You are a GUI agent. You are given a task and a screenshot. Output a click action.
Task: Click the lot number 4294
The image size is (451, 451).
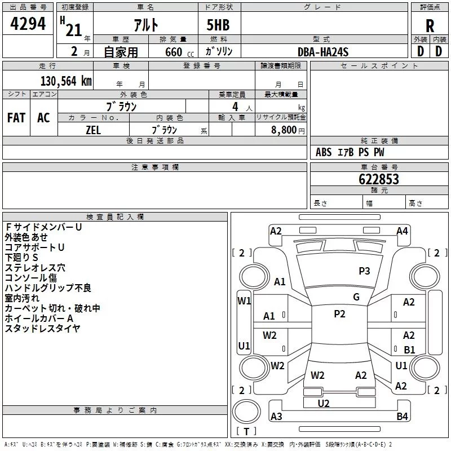[x=28, y=24]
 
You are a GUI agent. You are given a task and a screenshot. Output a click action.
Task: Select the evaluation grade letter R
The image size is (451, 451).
[x=430, y=26]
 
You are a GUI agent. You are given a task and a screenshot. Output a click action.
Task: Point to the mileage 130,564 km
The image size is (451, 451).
[x=66, y=81]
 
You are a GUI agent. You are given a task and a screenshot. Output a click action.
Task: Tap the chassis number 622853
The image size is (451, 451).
[x=379, y=179]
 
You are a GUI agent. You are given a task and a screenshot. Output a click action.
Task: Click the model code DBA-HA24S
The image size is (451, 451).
[x=323, y=52]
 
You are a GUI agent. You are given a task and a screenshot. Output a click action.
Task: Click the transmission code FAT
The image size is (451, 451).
[x=16, y=118]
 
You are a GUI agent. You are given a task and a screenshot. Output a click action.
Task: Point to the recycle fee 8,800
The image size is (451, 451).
[x=283, y=130]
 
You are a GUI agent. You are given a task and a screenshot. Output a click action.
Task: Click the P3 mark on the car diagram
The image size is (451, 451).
[x=364, y=271]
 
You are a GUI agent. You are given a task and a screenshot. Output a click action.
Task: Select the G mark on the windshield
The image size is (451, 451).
[x=356, y=297]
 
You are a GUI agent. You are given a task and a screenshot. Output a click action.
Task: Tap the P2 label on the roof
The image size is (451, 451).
[x=339, y=314]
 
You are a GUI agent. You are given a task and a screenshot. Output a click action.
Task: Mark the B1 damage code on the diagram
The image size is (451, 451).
[x=409, y=350]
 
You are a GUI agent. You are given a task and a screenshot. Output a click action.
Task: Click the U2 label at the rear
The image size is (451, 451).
[x=324, y=403]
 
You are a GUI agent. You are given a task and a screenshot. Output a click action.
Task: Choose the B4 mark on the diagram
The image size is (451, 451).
[x=402, y=417]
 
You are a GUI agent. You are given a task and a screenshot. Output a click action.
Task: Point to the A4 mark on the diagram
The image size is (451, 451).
[x=402, y=231]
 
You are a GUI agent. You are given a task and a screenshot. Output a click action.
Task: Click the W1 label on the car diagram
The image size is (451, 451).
[x=244, y=301]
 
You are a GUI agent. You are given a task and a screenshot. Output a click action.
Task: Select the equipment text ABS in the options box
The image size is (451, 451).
[x=324, y=152]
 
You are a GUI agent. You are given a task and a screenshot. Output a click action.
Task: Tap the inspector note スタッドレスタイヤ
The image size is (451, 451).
[x=43, y=328]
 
